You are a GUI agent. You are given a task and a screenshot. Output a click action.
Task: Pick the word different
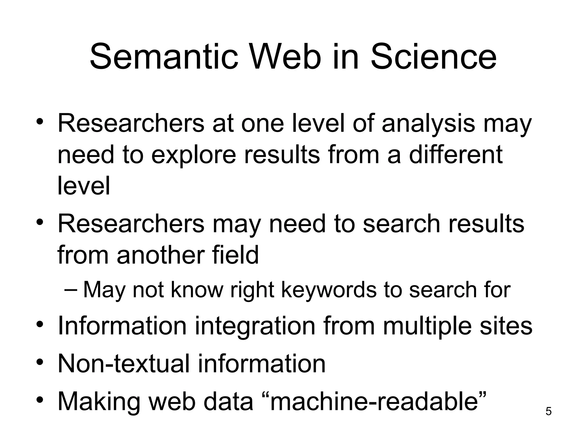point(455,155)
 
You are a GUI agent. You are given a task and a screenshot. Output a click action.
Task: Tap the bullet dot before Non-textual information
point(40,363)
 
